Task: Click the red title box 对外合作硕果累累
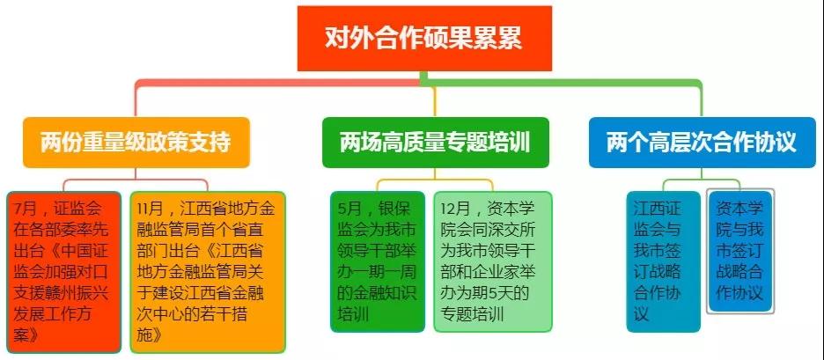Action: click(x=424, y=39)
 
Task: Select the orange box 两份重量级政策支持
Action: click(x=136, y=143)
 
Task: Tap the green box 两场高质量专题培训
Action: click(x=435, y=143)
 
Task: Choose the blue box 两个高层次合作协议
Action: click(x=703, y=143)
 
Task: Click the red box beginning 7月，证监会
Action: click(x=64, y=272)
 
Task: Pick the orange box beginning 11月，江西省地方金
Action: click(x=208, y=272)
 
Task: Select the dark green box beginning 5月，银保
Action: click(x=378, y=261)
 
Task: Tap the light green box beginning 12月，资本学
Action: click(x=493, y=261)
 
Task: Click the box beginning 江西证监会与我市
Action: click(x=663, y=261)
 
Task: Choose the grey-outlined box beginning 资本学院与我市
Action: click(x=740, y=251)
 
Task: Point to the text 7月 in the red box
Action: click(x=26, y=209)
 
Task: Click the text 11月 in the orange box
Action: click(x=150, y=209)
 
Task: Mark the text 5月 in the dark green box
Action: click(x=349, y=209)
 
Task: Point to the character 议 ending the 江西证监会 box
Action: click(x=642, y=314)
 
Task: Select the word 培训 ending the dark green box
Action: click(x=353, y=314)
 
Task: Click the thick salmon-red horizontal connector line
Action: click(x=278, y=83)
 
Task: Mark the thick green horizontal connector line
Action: click(x=562, y=83)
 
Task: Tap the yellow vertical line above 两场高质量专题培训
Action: click(x=435, y=102)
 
